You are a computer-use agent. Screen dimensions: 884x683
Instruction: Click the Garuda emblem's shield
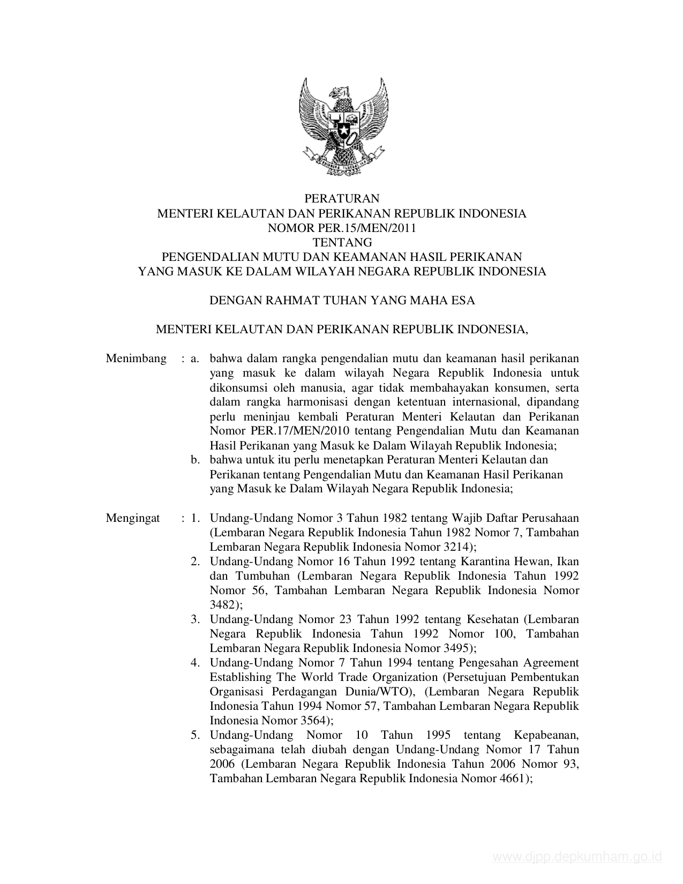(341, 128)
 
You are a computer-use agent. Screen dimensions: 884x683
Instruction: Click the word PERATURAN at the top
(341, 199)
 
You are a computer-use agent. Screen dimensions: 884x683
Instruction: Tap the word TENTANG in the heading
(342, 242)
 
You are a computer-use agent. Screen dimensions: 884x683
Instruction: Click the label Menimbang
(136, 358)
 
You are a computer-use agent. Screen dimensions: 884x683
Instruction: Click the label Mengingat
(133, 518)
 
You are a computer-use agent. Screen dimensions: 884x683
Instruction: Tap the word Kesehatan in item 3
(492, 619)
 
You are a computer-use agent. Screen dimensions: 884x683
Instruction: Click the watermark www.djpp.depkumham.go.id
(577, 858)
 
